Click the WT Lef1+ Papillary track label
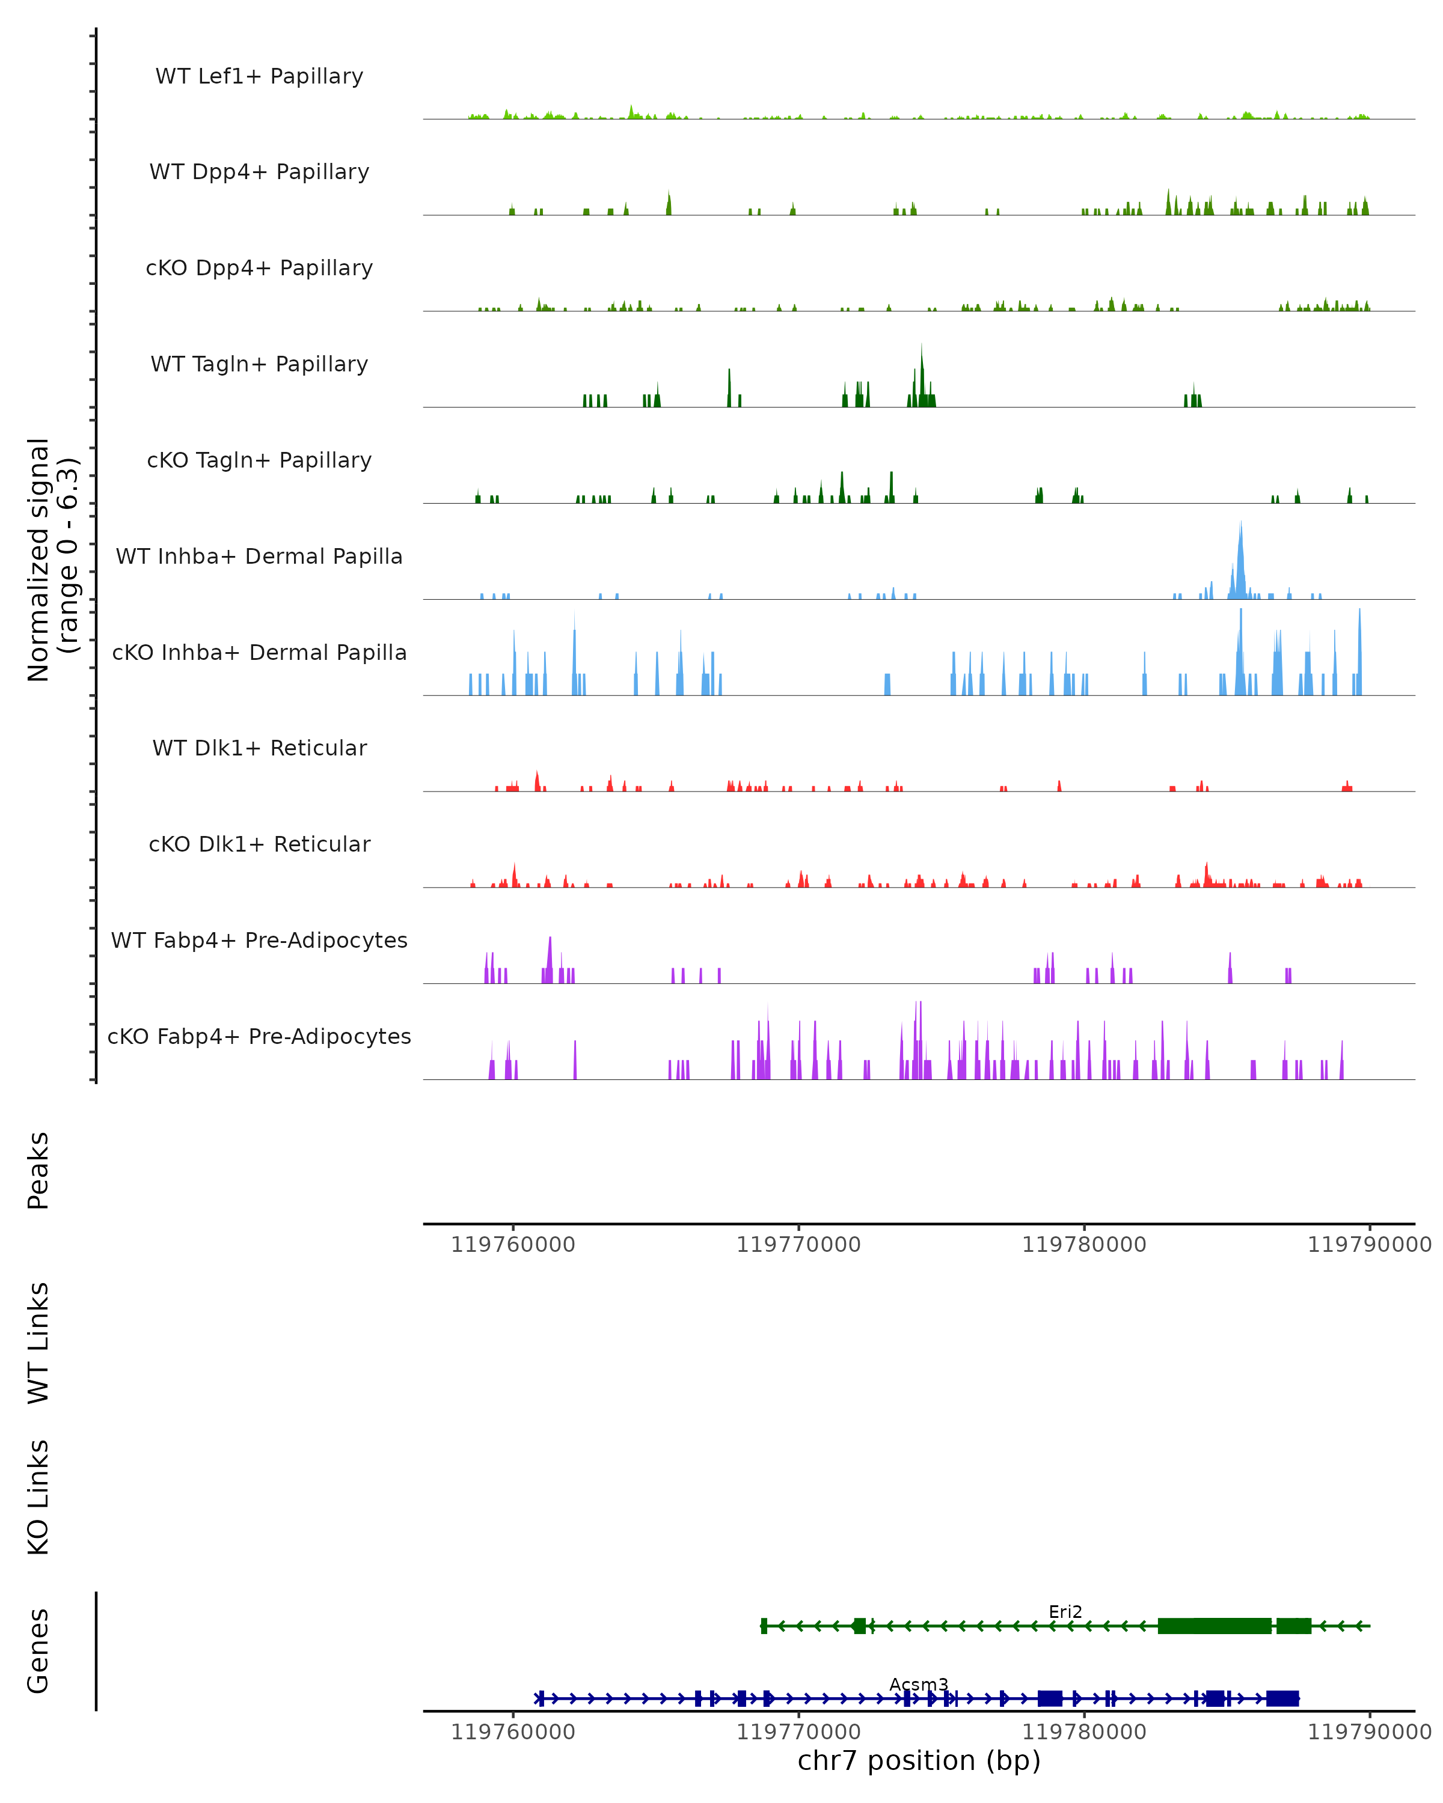click(259, 76)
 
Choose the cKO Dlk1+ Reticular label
click(259, 844)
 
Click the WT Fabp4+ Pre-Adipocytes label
click(259, 940)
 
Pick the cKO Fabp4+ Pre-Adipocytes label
click(259, 1036)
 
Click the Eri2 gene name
click(1065, 1611)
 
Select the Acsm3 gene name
click(919, 1684)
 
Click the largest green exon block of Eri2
click(1214, 1626)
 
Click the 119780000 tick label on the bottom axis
click(1084, 1732)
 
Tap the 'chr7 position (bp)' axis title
click(919, 1761)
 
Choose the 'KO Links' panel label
click(38, 1498)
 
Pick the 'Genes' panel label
click(38, 1651)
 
